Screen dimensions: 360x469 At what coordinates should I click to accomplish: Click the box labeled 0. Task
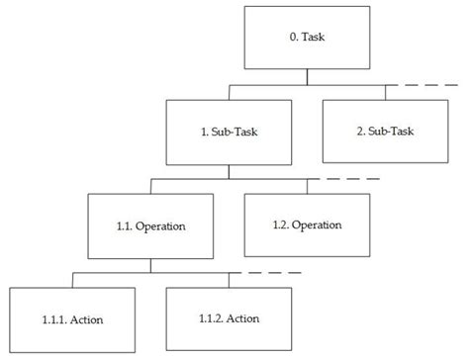307,39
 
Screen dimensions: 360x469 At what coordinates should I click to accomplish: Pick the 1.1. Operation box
150,225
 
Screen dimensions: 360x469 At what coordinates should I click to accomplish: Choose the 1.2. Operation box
307,225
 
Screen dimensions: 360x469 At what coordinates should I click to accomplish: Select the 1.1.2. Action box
230,317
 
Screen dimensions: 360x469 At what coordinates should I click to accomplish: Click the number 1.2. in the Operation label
283,225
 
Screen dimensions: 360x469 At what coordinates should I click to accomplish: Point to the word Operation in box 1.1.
162,225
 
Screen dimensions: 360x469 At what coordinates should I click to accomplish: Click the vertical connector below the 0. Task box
307,77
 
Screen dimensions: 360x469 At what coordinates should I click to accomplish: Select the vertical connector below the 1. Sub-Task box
230,171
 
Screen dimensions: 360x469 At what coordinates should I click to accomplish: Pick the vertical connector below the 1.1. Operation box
150,264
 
